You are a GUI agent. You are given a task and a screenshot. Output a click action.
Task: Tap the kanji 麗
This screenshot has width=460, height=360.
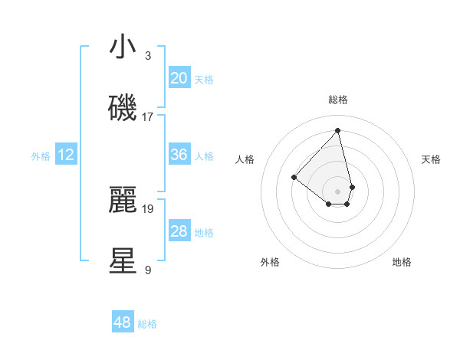(123, 200)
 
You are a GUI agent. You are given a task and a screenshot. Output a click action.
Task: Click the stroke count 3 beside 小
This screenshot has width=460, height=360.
(148, 56)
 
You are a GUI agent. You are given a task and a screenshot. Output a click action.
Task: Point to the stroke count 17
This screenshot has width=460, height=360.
(148, 116)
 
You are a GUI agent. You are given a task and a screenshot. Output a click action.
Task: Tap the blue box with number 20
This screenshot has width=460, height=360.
(179, 78)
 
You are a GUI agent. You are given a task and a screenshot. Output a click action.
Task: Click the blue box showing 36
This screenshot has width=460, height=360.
(179, 155)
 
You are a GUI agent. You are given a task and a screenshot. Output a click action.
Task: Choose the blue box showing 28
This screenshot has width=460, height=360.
(179, 231)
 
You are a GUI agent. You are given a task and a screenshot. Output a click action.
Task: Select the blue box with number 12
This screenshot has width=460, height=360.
(66, 155)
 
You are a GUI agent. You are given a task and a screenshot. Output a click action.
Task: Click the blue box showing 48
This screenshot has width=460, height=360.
(123, 322)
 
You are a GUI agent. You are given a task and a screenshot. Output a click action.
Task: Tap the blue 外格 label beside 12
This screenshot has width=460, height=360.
(41, 155)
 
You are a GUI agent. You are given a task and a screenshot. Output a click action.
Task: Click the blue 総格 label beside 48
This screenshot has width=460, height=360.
(147, 324)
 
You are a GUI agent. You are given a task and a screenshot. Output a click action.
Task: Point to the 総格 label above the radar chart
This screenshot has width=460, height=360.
(338, 100)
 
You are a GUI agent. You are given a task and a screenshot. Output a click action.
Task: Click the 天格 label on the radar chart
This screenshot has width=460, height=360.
(432, 159)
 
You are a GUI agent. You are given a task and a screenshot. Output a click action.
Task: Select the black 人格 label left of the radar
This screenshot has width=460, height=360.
(245, 159)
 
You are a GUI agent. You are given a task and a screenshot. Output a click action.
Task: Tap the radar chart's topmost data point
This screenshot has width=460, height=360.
(338, 129)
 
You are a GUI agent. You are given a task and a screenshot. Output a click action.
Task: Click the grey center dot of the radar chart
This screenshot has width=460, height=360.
(338, 190)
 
